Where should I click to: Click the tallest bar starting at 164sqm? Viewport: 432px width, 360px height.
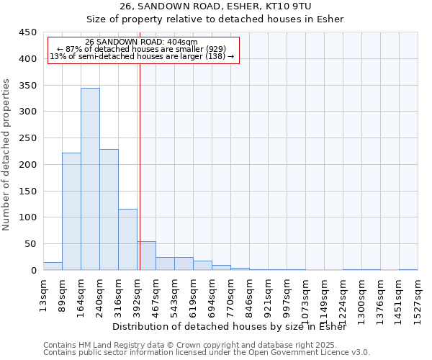[x=90, y=179]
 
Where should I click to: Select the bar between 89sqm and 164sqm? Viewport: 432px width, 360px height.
[x=71, y=212]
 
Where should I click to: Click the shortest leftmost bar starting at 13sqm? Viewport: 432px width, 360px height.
[x=53, y=266]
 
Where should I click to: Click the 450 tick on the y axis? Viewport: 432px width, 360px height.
[x=28, y=32]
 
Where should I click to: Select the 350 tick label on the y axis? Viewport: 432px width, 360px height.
[x=28, y=86]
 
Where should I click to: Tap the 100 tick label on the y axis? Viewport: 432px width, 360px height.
[x=28, y=217]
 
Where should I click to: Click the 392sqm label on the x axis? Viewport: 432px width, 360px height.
[x=137, y=295]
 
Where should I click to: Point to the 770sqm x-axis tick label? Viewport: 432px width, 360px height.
[x=230, y=295]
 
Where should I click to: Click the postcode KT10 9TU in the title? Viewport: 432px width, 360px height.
[x=288, y=6]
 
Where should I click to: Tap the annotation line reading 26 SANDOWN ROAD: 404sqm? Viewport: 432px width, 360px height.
[x=141, y=42]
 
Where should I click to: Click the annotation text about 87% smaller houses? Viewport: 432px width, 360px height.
[x=141, y=49]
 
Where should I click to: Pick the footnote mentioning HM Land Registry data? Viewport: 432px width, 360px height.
[x=206, y=345]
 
